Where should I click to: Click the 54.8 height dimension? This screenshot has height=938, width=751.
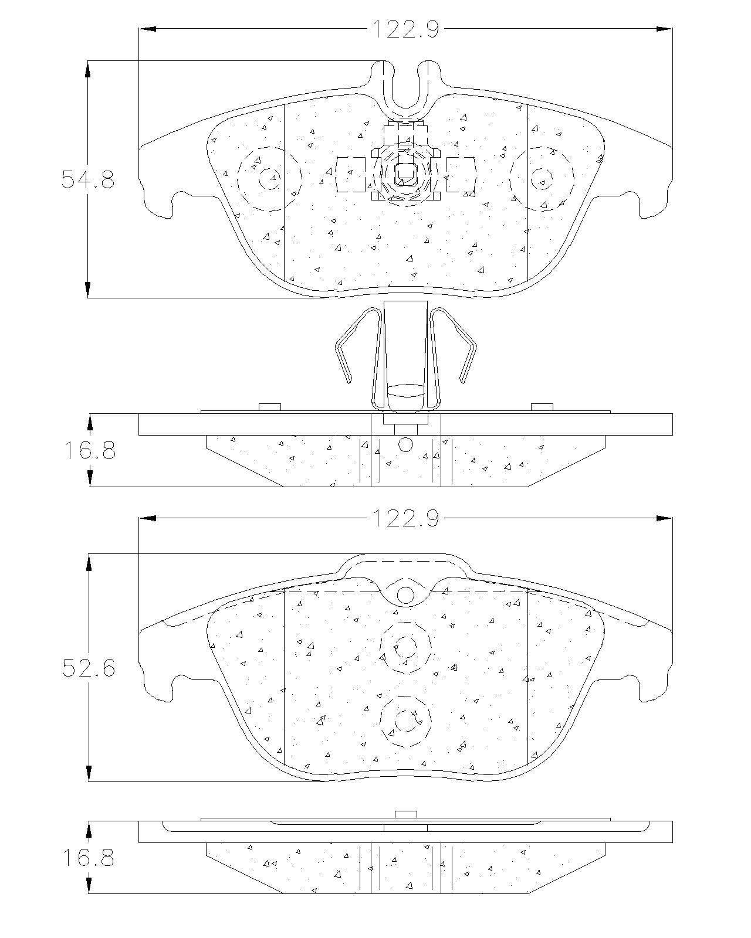pos(88,179)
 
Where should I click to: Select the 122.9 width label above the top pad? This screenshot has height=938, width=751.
pos(405,29)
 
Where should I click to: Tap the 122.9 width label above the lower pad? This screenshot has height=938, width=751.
pos(405,518)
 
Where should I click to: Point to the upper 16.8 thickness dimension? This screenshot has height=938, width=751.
pos(90,450)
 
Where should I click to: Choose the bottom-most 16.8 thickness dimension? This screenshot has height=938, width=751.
pos(89,857)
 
